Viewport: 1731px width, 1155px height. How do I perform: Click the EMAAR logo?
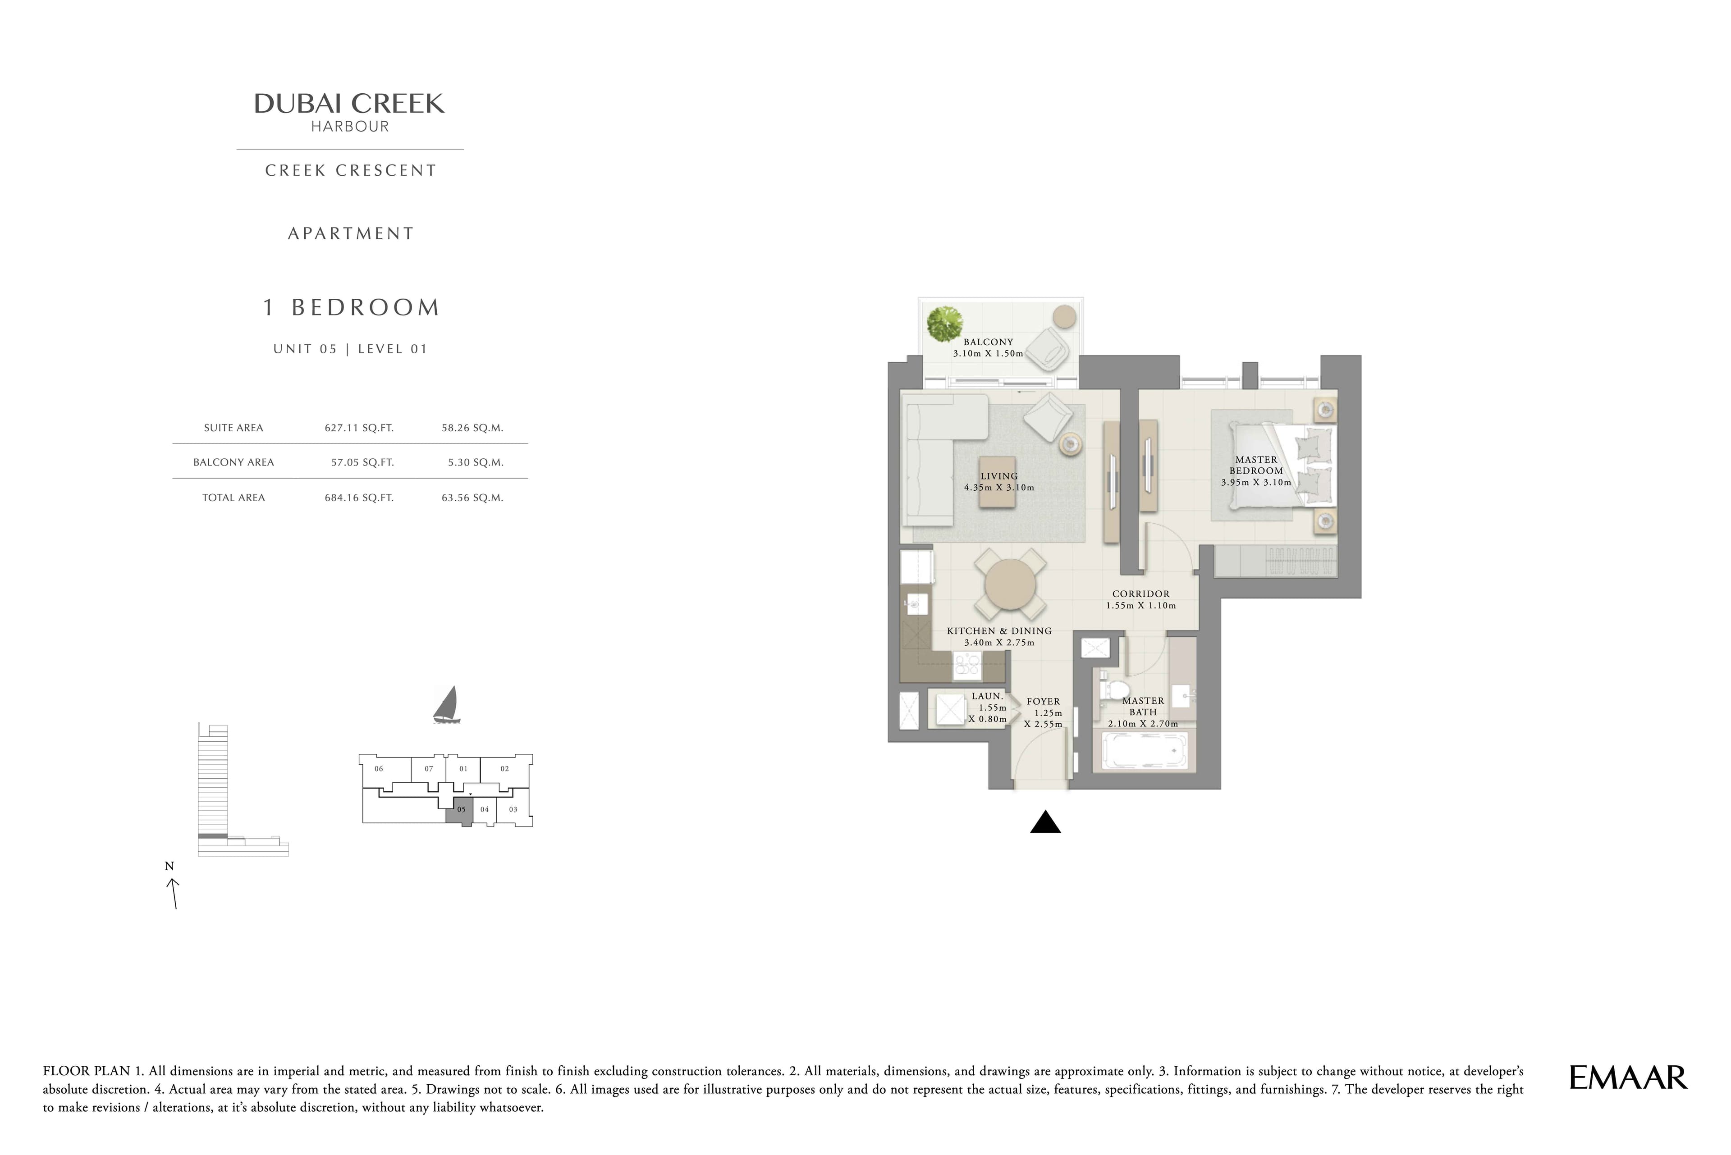[1627, 1077]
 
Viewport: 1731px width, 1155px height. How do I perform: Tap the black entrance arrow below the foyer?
[1045, 822]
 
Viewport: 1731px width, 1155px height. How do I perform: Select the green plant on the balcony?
[945, 324]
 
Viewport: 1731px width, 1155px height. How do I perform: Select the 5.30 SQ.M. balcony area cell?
[475, 463]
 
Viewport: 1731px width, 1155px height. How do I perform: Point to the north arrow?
[174, 894]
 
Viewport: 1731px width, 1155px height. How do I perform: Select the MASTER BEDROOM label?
[1256, 465]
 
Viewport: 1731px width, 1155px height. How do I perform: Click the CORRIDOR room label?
[1141, 593]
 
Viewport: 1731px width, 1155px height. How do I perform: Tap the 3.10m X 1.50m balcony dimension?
[988, 354]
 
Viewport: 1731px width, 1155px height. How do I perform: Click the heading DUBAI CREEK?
[349, 104]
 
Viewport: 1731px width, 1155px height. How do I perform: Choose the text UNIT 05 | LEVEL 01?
[350, 349]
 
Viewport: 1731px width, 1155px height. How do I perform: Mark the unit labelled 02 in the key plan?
[505, 769]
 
